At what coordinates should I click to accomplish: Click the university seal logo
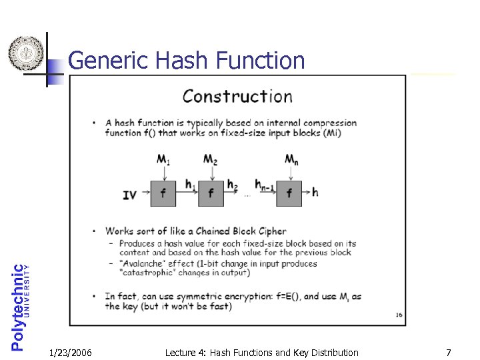25,53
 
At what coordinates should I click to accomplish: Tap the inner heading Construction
237,97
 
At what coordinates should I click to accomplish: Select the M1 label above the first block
163,160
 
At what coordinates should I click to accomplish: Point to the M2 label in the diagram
211,160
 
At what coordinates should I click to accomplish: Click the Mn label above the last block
291,160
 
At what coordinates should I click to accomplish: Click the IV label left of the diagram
130,195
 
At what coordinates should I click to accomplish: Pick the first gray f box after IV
163,193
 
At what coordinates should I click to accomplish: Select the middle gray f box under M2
211,193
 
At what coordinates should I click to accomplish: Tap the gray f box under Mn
289,193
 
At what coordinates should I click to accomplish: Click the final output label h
315,193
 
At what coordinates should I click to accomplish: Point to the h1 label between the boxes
189,185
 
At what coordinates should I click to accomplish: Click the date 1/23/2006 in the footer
71,352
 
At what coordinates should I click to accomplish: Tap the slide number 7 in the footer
449,352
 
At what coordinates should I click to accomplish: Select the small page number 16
398,315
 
